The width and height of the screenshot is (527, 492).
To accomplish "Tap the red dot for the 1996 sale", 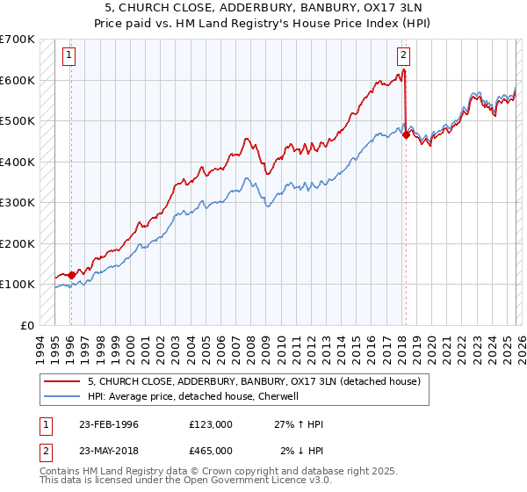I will pos(71,275).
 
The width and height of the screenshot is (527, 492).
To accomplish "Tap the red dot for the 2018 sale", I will pos(406,134).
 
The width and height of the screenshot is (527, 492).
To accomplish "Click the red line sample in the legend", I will pos(62,381).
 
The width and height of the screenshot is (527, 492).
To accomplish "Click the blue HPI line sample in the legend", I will pos(62,396).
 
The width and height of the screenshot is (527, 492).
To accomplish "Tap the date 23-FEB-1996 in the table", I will pos(108,424).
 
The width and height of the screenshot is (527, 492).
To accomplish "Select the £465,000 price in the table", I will pos(210,451).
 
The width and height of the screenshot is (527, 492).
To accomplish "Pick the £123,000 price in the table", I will pos(210,424).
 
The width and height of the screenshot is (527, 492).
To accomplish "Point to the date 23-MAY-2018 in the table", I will pos(108,451).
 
